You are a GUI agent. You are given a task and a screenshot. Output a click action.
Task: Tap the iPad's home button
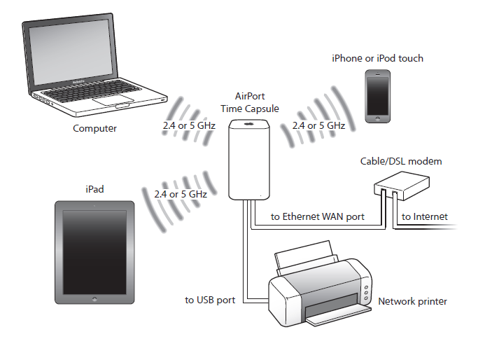pyautogui.click(x=94, y=298)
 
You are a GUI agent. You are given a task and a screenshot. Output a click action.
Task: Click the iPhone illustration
pyautogui.click(x=377, y=97)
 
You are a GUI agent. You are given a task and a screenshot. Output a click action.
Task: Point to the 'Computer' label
pyautogui.click(x=95, y=129)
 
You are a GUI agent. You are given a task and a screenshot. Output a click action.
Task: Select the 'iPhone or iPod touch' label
pyautogui.click(x=377, y=59)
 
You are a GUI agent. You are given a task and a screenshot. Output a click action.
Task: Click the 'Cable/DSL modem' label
pyautogui.click(x=401, y=161)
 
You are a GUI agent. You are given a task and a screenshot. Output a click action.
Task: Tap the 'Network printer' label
pyautogui.click(x=412, y=302)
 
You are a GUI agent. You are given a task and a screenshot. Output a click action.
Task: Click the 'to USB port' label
pyautogui.click(x=210, y=300)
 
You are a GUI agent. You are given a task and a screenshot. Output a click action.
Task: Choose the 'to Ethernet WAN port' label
pyautogui.click(x=318, y=217)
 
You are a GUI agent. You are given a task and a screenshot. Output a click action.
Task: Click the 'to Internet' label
pyautogui.click(x=424, y=217)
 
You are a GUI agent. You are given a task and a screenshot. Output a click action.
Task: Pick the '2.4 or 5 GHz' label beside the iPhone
pyautogui.click(x=318, y=126)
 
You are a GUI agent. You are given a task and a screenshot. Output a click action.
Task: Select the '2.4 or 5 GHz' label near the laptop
pyautogui.click(x=188, y=126)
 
